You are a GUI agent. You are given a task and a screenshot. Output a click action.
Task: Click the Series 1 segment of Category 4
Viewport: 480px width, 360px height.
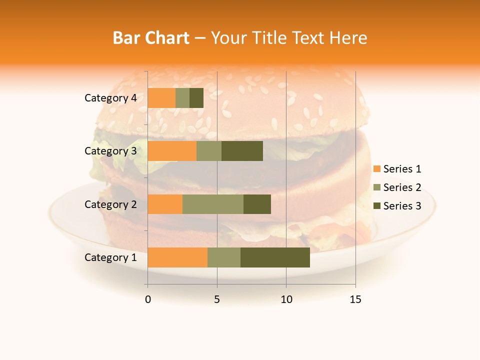pyautogui.click(x=161, y=98)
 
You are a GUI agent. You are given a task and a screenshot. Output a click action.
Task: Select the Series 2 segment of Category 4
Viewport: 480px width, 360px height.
pyautogui.click(x=182, y=98)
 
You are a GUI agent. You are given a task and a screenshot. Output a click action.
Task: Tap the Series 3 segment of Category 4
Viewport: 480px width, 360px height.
pyautogui.click(x=196, y=98)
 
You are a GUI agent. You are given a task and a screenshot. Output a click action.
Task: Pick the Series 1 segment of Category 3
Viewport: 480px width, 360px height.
pyautogui.click(x=172, y=151)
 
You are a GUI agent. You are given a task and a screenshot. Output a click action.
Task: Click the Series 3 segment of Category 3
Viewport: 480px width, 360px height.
pyautogui.click(x=242, y=151)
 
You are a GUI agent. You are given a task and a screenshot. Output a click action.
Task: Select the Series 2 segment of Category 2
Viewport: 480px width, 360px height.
pyautogui.click(x=213, y=204)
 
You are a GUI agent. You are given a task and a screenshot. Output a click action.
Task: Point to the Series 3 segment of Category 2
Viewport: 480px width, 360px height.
pyautogui.click(x=257, y=204)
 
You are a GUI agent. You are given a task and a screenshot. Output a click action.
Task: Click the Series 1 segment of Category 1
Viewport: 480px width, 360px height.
pyautogui.click(x=177, y=257)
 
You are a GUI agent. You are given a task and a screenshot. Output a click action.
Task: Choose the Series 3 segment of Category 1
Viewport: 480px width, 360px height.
pyautogui.click(x=275, y=257)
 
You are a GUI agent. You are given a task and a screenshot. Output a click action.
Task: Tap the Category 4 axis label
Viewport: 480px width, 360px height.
pyautogui.click(x=110, y=98)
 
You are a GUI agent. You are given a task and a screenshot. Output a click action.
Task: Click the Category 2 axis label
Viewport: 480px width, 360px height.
pyautogui.click(x=110, y=204)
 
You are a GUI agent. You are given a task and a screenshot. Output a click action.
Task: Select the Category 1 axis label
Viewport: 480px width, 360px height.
pyautogui.click(x=110, y=257)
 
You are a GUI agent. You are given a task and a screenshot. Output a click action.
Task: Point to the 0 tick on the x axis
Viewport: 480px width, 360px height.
pyautogui.click(x=148, y=299)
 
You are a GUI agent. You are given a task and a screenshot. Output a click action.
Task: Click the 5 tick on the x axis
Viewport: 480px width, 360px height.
pyautogui.click(x=217, y=299)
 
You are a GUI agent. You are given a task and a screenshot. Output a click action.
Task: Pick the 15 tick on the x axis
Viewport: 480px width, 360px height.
pyautogui.click(x=355, y=299)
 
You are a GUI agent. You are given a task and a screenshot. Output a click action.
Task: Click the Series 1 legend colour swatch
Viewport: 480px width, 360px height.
pyautogui.click(x=376, y=169)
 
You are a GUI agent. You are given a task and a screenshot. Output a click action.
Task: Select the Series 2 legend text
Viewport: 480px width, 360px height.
pyautogui.click(x=402, y=187)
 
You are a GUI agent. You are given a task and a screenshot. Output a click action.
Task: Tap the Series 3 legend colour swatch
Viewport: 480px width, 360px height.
pyautogui.click(x=376, y=206)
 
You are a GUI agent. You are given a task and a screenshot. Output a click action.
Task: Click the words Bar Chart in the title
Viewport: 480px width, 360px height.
pyautogui.click(x=151, y=37)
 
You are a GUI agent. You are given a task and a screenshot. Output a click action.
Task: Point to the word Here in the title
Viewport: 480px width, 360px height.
pyautogui.click(x=348, y=37)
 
